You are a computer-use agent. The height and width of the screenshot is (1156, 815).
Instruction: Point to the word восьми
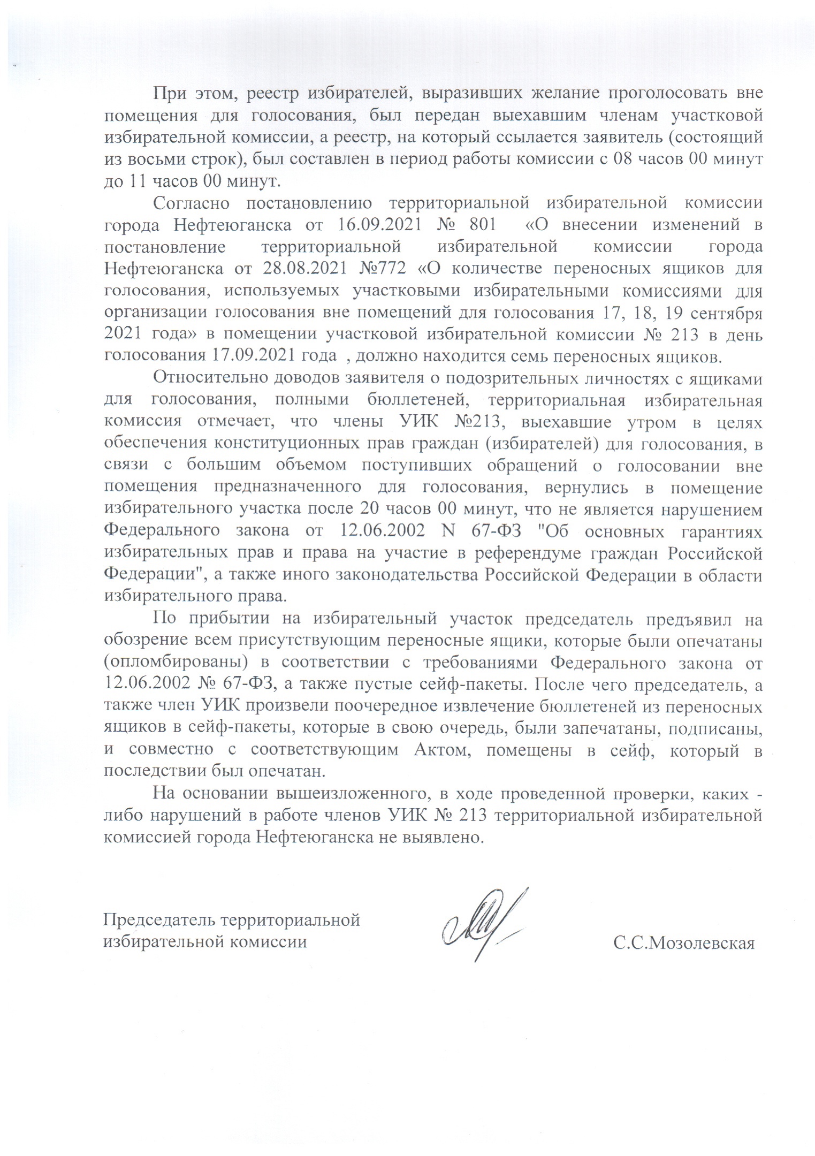coord(151,159)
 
